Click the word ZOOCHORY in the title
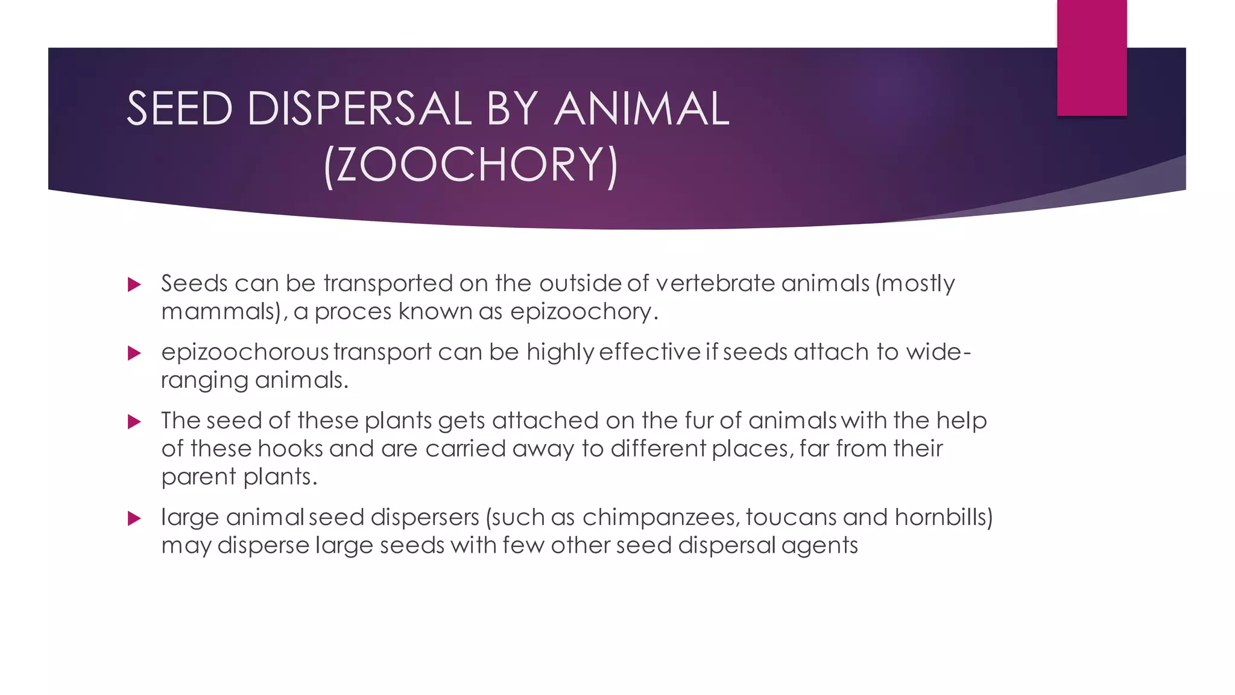click(471, 165)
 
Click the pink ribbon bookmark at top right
click(1091, 57)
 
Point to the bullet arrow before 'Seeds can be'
click(134, 285)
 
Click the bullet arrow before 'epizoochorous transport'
click(134, 353)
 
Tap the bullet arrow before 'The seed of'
click(134, 422)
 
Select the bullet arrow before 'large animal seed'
click(134, 518)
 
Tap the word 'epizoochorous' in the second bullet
click(245, 352)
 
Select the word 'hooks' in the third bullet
click(290, 449)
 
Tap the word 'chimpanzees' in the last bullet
click(660, 518)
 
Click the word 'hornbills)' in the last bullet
click(943, 518)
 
